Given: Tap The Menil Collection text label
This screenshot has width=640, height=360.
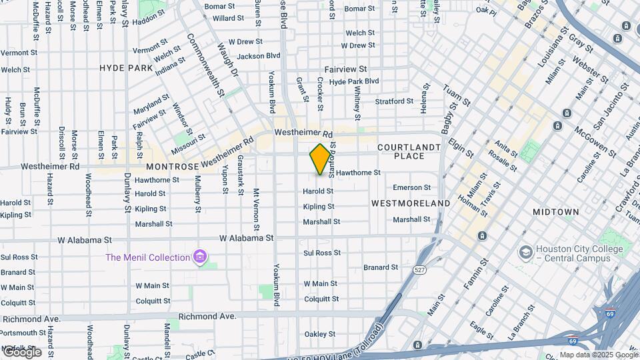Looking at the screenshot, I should coord(148,257).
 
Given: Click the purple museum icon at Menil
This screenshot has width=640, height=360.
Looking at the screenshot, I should coord(199,257).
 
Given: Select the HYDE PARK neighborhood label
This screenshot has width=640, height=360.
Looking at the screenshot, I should coord(126,68).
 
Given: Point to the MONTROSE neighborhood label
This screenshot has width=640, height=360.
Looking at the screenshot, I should coord(172,166).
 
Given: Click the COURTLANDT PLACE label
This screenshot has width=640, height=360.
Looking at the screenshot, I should coord(409,151).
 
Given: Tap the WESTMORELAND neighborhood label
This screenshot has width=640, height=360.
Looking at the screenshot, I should coord(411,203).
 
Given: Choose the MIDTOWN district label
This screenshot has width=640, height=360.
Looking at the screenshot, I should coord(556,212).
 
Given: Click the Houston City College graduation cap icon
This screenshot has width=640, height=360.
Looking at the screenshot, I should coord(526,253).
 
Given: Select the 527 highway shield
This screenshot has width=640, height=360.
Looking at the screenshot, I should coord(419,270).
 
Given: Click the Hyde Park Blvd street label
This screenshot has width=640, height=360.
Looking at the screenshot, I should coord(354,81).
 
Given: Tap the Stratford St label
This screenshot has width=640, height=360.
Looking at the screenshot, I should coord(394,101).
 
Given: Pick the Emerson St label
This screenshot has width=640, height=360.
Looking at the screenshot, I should coord(411,188).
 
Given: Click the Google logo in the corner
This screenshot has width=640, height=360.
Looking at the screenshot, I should coord(21,351).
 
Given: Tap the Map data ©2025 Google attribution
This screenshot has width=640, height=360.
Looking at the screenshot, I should coord(599,355).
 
